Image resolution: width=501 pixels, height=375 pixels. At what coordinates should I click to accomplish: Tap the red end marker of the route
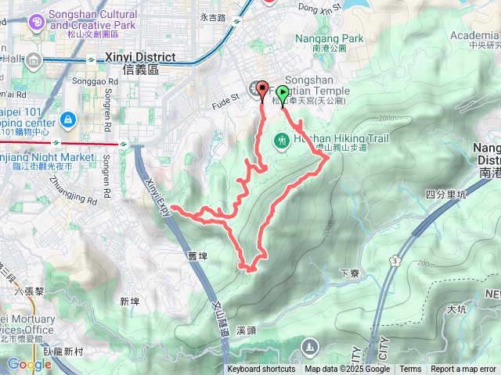261,89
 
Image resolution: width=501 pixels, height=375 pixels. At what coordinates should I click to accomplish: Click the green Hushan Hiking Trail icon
281,141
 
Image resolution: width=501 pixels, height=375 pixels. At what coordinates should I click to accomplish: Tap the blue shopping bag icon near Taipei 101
68,120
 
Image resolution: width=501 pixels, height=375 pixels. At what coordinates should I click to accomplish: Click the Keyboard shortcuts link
261,370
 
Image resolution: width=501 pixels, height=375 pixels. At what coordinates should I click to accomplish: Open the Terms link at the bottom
410,370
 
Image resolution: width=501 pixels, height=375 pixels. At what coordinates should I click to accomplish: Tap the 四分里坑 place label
445,194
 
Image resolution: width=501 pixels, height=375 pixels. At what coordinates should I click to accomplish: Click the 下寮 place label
350,273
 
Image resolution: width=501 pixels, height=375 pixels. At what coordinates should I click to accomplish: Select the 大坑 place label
457,310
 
